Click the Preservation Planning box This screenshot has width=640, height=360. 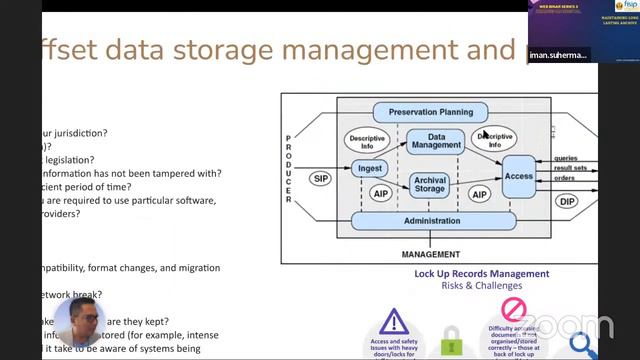[x=430, y=112]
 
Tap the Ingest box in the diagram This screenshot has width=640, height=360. [x=370, y=168]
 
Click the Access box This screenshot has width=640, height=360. [x=519, y=176]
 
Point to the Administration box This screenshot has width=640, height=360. [x=432, y=220]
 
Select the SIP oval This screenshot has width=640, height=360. [x=320, y=179]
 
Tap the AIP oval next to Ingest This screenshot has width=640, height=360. [x=381, y=193]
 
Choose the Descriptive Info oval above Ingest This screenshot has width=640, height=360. [x=367, y=141]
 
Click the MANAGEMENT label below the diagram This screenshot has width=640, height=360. [x=430, y=254]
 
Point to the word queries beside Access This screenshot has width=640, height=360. [x=566, y=157]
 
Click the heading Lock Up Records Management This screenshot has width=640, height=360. [x=481, y=273]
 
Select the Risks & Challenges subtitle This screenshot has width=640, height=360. [x=482, y=285]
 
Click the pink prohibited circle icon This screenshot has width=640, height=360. [x=512, y=308]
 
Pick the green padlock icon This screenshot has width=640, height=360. [x=452, y=338]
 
